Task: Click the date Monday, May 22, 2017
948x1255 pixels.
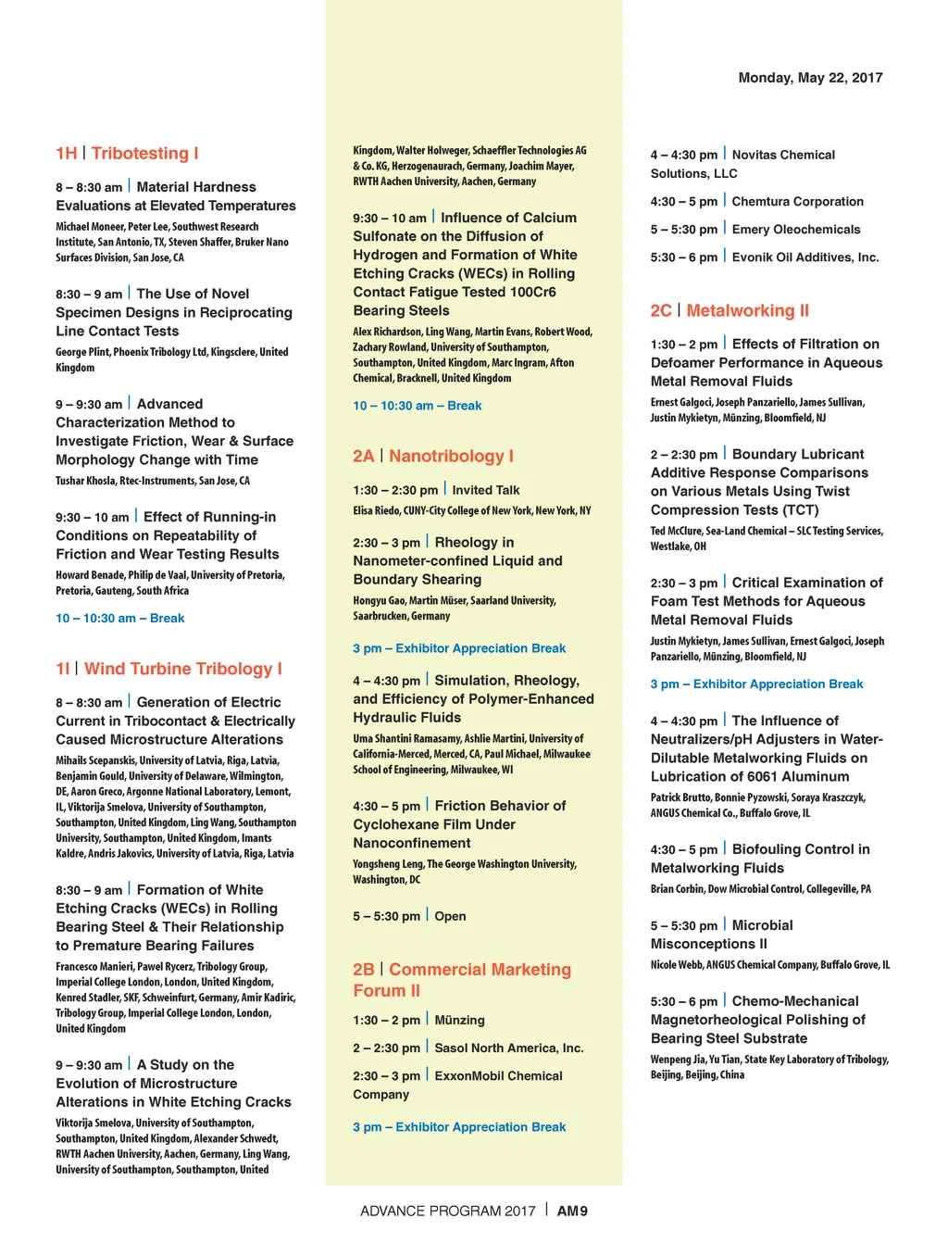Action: [810, 78]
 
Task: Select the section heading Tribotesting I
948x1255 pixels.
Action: [144, 154]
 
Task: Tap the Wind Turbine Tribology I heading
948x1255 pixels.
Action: [183, 669]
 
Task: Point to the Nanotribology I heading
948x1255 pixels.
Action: [451, 456]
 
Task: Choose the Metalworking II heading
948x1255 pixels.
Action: [747, 310]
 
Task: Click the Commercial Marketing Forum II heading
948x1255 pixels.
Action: [480, 970]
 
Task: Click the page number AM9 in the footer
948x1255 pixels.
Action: [572, 1211]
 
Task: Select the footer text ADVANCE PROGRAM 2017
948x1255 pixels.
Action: [448, 1211]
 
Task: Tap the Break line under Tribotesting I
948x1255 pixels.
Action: [120, 618]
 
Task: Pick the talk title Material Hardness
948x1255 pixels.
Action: [196, 187]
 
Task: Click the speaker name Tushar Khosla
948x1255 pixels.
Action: [83, 481]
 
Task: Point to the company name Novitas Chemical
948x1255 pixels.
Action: [783, 155]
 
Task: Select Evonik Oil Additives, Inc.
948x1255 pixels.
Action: [805, 257]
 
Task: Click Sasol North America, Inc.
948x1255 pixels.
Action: [509, 1048]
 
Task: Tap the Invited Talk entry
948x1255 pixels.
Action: [486, 490]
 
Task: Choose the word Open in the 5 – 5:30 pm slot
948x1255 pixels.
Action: [450, 916]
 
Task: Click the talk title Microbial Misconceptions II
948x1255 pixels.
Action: [762, 925]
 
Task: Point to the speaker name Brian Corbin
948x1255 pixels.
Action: [678, 889]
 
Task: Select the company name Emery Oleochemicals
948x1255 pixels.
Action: [796, 230]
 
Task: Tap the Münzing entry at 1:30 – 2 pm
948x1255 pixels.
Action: [459, 1020]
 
